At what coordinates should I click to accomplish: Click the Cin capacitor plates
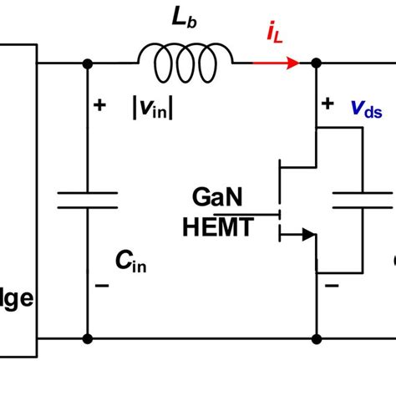point(87,200)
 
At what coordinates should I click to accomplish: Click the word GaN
point(218,199)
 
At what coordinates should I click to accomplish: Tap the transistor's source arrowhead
point(306,236)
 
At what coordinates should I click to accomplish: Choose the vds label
point(368,109)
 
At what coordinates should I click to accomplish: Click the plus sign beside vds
point(328,104)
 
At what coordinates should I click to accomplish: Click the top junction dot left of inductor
point(87,63)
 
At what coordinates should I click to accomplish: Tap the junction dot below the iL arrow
point(316,63)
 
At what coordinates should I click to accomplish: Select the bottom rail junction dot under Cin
point(87,339)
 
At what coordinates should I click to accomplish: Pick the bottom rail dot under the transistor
point(316,339)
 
